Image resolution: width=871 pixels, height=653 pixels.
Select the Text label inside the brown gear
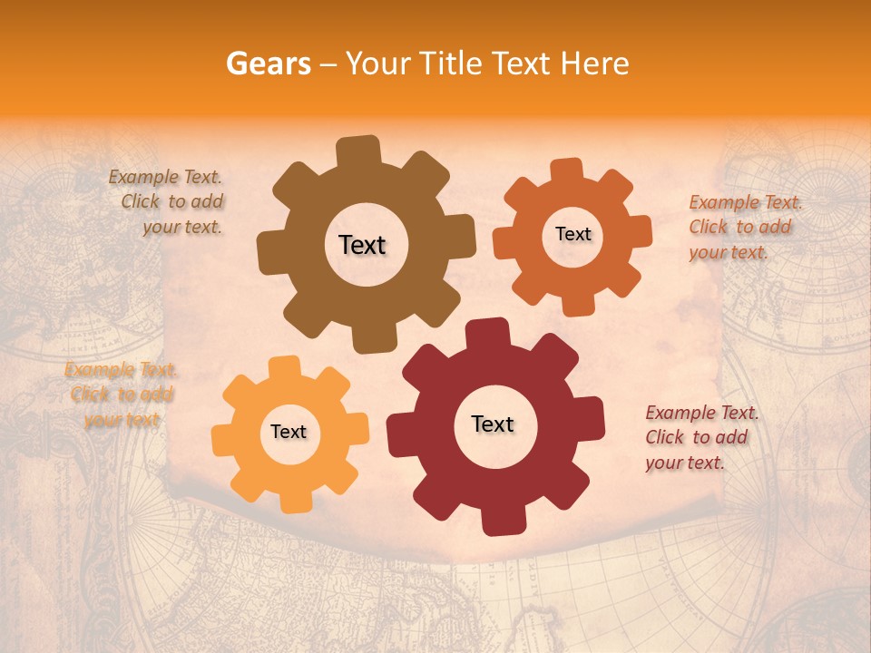pyautogui.click(x=362, y=245)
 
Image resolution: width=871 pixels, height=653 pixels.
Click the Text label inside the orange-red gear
pyautogui.click(x=573, y=234)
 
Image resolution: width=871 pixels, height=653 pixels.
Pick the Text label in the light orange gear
pyautogui.click(x=289, y=433)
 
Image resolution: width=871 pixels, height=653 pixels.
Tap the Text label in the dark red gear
pyautogui.click(x=493, y=424)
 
